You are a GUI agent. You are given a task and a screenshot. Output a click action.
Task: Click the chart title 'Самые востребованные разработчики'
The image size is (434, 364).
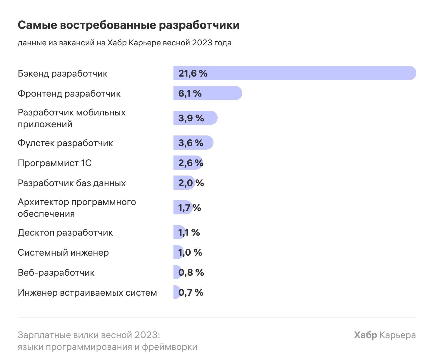(128, 25)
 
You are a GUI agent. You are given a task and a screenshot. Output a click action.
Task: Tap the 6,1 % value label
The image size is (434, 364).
(190, 93)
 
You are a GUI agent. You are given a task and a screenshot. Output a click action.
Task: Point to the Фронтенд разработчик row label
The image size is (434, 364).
(69, 94)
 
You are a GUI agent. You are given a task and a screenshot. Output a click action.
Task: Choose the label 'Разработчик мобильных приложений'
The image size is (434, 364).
(71, 118)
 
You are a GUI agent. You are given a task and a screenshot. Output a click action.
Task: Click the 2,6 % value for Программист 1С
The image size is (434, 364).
(191, 163)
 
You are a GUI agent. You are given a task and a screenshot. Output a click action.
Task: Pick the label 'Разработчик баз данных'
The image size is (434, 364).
(72, 183)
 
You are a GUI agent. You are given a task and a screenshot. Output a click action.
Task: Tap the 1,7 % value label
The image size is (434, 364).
(189, 208)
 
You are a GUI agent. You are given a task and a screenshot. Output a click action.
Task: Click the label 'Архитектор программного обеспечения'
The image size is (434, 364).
(77, 208)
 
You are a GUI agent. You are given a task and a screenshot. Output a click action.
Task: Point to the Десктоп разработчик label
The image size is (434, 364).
(65, 233)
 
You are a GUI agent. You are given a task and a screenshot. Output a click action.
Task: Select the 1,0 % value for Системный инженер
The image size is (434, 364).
(190, 252)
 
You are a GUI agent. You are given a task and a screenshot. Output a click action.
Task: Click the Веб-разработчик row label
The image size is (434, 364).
(56, 273)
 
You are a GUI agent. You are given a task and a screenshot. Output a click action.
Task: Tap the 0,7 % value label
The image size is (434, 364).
(191, 292)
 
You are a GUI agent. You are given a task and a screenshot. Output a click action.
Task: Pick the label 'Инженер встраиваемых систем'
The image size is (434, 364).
(87, 293)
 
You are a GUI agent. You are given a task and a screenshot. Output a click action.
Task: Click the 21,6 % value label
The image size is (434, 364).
(193, 73)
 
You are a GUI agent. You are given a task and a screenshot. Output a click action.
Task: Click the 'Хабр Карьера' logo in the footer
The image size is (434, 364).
(385, 335)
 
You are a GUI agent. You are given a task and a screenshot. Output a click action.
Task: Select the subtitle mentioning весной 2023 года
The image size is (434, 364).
(124, 43)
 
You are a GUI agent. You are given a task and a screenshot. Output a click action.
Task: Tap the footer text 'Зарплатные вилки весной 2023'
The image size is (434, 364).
(89, 335)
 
